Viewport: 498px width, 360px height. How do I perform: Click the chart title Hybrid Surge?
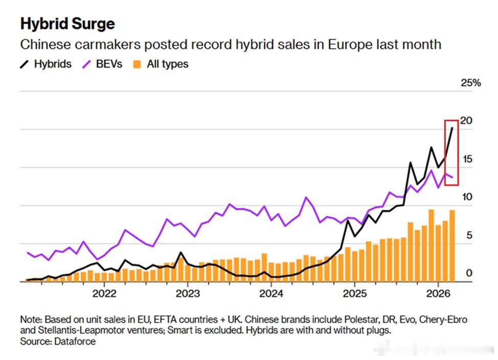pyautogui.click(x=67, y=24)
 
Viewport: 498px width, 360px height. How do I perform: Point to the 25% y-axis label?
pyautogui.click(x=470, y=83)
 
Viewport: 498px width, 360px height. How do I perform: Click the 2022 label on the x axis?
pyautogui.click(x=105, y=294)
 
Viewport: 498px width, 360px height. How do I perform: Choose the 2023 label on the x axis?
pyautogui.click(x=187, y=294)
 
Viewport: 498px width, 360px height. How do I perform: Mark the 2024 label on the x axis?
pyautogui.click(x=271, y=294)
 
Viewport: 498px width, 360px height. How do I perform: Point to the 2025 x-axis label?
pyautogui.click(x=354, y=294)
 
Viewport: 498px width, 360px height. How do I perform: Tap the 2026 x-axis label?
pyautogui.click(x=438, y=294)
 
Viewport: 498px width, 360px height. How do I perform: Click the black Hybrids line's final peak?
pyautogui.click(x=452, y=128)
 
